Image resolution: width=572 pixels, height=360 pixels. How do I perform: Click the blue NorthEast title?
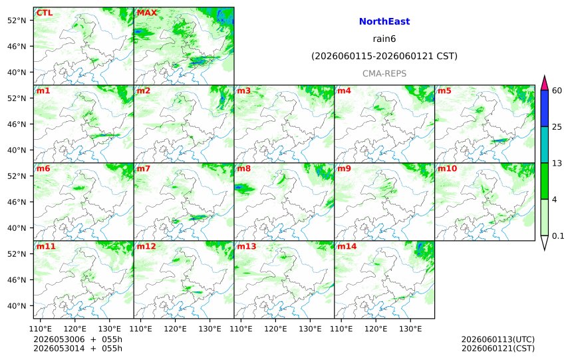click(384, 21)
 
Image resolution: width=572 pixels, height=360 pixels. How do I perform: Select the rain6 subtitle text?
click(384, 39)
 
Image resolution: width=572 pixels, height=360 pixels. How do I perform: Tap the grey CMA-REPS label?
click(384, 74)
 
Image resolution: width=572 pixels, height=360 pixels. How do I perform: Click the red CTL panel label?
click(44, 13)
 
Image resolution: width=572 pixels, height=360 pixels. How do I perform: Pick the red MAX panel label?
click(146, 13)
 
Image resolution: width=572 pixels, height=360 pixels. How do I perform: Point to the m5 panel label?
click(444, 90)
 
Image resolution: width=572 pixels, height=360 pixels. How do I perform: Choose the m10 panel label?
click(447, 168)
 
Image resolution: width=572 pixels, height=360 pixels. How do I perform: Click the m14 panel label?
click(347, 246)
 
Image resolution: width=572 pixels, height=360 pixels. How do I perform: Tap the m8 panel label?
click(243, 168)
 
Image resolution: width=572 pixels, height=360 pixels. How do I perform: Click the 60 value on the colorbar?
click(557, 90)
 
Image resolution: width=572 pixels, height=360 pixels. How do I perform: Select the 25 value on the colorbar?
click(557, 127)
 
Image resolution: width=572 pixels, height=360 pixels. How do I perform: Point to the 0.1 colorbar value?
click(558, 236)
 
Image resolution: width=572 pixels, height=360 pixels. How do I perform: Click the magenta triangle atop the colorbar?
click(545, 83)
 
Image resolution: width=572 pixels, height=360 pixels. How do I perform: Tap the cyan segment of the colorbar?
click(545, 144)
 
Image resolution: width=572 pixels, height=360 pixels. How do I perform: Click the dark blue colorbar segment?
click(545, 108)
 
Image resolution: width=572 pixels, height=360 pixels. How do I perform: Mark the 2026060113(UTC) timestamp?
click(498, 339)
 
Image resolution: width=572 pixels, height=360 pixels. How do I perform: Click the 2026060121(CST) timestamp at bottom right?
click(498, 349)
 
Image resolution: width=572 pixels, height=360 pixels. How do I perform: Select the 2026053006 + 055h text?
click(78, 339)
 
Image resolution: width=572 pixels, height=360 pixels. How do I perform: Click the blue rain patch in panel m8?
click(239, 187)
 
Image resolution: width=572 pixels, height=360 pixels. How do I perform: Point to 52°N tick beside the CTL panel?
click(17, 21)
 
